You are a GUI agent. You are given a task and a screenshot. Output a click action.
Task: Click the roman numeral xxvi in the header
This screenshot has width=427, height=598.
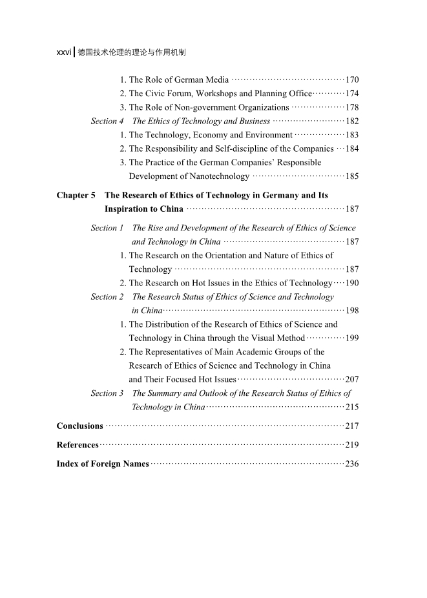(x=63, y=52)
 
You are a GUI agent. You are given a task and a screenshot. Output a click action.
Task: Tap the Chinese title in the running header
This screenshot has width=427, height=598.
(x=132, y=52)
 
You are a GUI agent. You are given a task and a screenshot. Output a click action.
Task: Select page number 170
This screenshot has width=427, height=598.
(x=352, y=80)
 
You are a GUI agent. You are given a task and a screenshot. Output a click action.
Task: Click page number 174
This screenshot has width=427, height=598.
(x=352, y=94)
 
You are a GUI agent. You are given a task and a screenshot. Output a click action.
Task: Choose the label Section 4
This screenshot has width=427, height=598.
(x=107, y=121)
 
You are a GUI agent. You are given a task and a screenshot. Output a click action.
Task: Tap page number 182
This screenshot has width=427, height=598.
(x=352, y=121)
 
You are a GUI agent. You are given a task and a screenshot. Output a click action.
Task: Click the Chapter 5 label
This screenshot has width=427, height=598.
(x=76, y=195)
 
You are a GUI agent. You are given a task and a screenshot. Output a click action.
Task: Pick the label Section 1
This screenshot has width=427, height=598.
(x=107, y=228)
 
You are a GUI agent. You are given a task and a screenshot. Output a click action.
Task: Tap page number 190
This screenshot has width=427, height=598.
(x=352, y=283)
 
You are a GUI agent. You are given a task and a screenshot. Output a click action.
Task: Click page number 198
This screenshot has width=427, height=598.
(x=352, y=311)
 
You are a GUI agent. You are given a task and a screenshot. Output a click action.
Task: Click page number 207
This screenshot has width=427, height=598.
(x=352, y=379)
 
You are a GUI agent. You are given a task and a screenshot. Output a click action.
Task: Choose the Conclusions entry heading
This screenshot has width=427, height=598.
(x=80, y=426)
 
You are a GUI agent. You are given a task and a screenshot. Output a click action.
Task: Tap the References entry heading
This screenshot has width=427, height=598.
(x=78, y=445)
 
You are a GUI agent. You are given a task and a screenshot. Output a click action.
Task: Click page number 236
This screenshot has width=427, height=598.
(x=352, y=464)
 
